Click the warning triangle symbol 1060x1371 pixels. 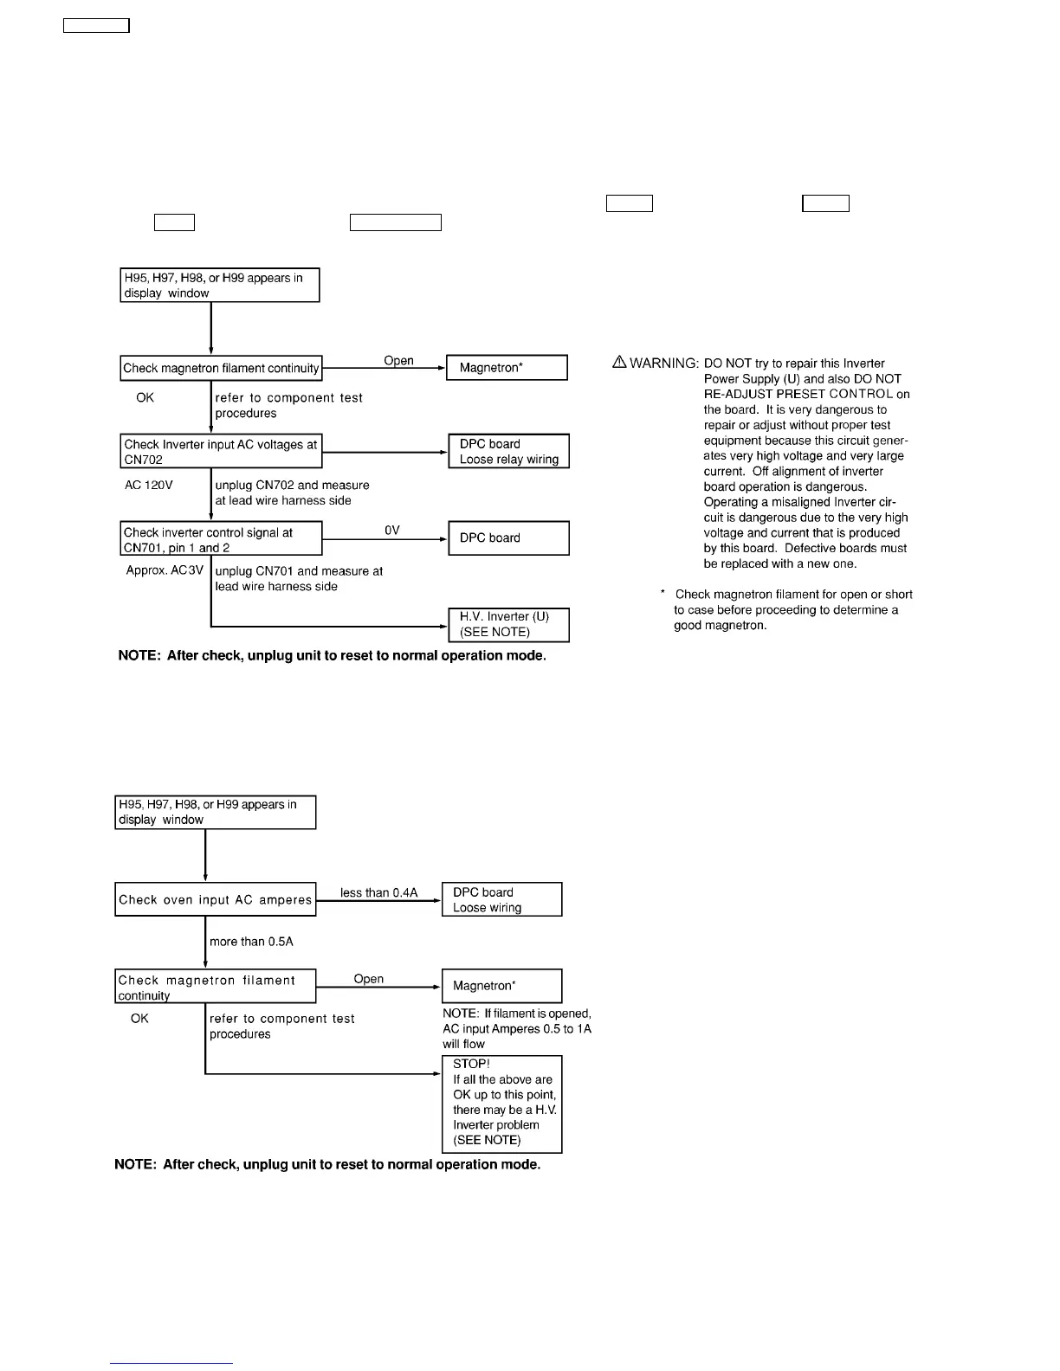tap(619, 363)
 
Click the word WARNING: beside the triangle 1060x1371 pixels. tap(664, 364)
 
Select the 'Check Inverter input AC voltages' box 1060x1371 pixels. tap(221, 451)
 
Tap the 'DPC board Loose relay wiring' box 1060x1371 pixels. tap(508, 451)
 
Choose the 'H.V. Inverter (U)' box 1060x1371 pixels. tap(508, 624)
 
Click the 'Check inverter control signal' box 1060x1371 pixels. tap(221, 538)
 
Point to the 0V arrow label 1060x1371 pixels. tap(392, 530)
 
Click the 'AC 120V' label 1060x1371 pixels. tap(149, 485)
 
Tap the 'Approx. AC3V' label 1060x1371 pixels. tap(165, 570)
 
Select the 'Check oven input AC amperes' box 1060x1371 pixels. tap(215, 899)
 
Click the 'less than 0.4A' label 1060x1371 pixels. tap(378, 892)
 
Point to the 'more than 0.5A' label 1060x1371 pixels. tap(251, 942)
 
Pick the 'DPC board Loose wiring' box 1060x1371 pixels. tap(501, 899)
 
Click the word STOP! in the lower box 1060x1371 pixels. tap(471, 1064)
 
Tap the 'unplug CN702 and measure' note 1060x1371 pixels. tap(292, 485)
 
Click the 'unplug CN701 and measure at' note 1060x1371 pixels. tap(299, 571)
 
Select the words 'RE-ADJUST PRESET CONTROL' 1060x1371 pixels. tap(798, 394)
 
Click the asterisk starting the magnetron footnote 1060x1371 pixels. tap(662, 594)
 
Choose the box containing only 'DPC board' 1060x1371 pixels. tap(508, 537)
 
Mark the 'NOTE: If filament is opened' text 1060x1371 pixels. tap(517, 1014)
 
